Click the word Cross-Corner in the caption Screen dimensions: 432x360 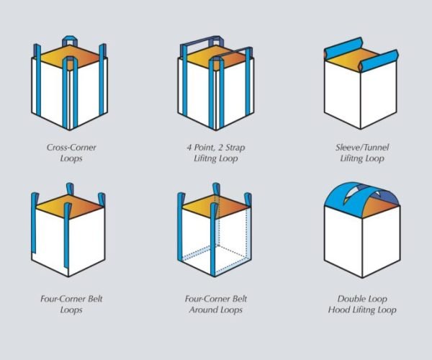pyautogui.click(x=71, y=148)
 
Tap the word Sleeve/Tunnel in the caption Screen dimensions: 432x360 pyautogui.click(x=362, y=148)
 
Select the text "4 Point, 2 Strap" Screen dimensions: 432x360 pyautogui.click(x=216, y=148)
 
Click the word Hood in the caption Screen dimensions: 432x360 pyautogui.click(x=338, y=310)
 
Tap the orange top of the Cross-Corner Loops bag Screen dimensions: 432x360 pyautogui.click(x=69, y=56)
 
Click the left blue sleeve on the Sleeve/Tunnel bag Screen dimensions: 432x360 pyautogui.click(x=343, y=48)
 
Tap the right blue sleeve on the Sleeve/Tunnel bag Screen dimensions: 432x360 pyautogui.click(x=379, y=61)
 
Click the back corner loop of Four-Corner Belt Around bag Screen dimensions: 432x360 pyautogui.click(x=216, y=189)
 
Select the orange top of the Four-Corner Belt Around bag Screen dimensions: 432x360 pyautogui.click(x=216, y=207)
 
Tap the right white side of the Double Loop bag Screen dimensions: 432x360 pyautogui.click(x=381, y=240)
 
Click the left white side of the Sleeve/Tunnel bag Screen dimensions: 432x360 pyautogui.click(x=343, y=92)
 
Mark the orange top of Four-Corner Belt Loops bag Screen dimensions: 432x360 pyautogui.click(x=71, y=207)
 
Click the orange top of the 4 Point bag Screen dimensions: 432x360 pyautogui.click(x=216, y=57)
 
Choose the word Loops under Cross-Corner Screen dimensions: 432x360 pyautogui.click(x=71, y=158)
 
